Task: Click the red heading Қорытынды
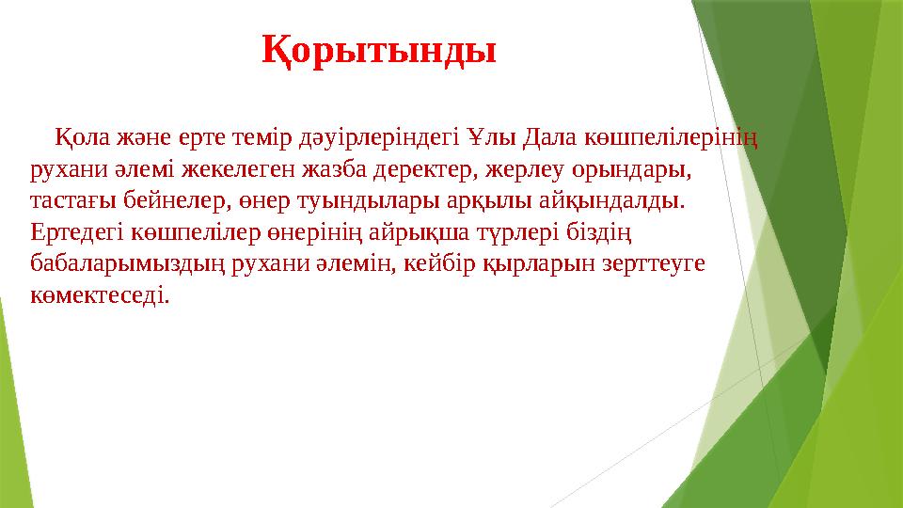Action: point(378,50)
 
